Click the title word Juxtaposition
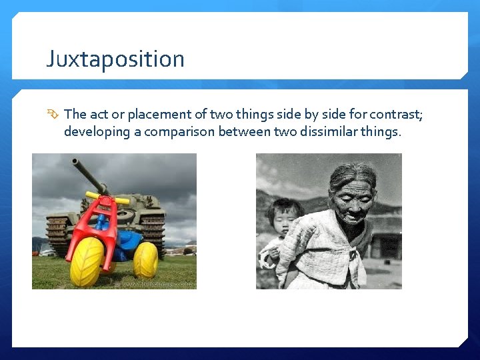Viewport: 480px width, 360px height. click(115, 59)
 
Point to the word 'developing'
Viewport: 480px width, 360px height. click(97, 131)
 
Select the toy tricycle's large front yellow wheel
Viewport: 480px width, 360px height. click(87, 262)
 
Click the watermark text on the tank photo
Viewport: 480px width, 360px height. click(153, 283)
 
